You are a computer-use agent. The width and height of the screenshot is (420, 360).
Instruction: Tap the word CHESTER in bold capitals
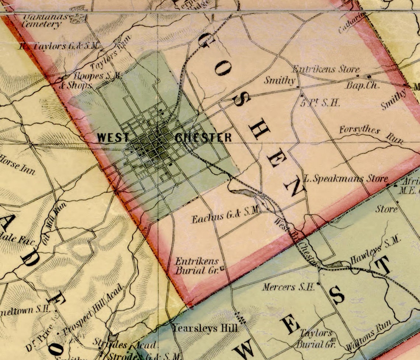click(x=203, y=138)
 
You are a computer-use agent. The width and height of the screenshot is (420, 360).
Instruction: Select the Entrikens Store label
click(x=326, y=69)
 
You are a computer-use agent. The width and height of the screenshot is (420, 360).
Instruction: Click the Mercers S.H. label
click(x=288, y=286)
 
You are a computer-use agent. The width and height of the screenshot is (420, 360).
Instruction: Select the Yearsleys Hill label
click(x=205, y=328)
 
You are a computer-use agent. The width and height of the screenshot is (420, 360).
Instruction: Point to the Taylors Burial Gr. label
click(x=316, y=339)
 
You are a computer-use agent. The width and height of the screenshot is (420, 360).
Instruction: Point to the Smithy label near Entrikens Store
click(x=280, y=80)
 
